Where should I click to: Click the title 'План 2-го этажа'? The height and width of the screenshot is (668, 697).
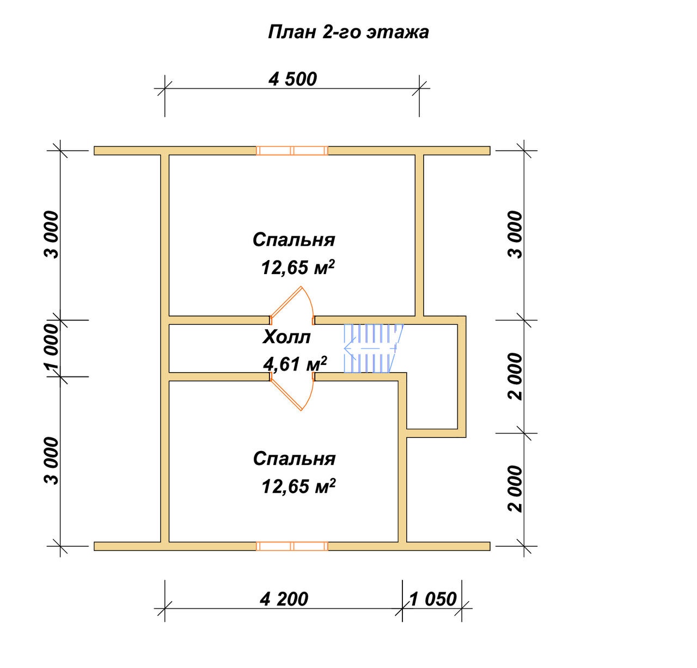348,32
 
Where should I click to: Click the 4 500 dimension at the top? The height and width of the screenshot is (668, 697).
292,79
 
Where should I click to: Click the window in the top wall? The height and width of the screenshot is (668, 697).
292,151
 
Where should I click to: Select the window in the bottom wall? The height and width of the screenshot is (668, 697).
292,546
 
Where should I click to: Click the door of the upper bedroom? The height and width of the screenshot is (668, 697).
292,305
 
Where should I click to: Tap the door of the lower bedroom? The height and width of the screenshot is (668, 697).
292,392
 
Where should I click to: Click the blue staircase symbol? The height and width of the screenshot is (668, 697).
373,348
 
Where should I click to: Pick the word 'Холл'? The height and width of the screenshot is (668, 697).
286,337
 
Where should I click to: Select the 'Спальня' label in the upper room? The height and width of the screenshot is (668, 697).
294,240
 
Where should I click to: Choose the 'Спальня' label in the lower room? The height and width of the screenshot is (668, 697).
294,459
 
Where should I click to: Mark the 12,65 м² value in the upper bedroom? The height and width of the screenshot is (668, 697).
298,267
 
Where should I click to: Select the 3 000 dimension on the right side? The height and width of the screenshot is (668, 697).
516,234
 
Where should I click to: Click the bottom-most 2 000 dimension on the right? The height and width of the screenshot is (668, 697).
516,488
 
